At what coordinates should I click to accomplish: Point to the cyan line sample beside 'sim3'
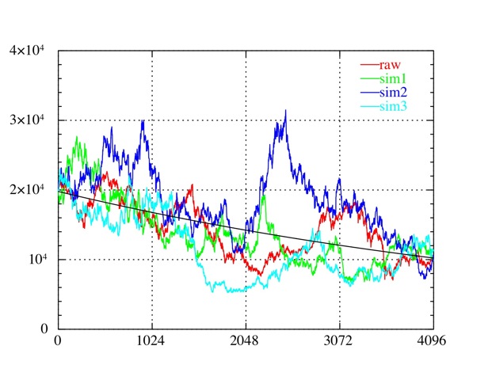pos(370,107)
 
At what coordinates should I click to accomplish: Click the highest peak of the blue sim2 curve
pos(285,111)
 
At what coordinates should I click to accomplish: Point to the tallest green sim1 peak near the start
pos(77,138)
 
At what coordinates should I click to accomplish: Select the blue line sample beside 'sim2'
pos(370,93)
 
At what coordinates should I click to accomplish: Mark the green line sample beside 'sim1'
pos(370,80)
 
